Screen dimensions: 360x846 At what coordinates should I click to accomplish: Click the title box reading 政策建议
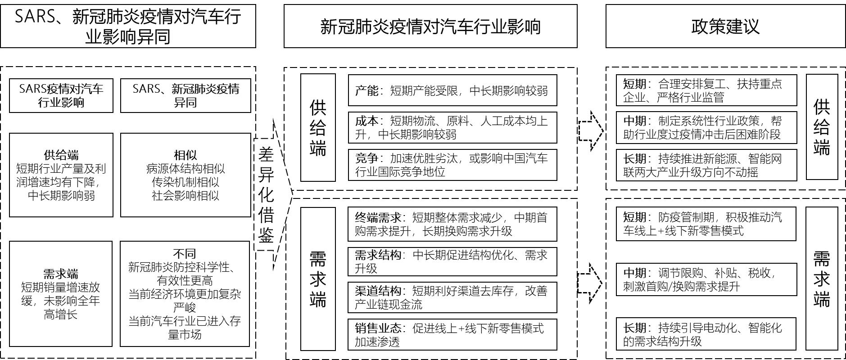[725, 26]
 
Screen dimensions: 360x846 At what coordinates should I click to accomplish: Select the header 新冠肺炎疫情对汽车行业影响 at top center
[430, 26]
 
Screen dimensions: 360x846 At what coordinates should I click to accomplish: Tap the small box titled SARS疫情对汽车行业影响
[61, 95]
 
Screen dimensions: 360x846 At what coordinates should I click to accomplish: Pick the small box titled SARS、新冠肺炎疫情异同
[185, 95]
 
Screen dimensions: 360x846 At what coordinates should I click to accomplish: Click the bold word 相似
[185, 155]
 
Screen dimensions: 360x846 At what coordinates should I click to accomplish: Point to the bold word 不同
[185, 254]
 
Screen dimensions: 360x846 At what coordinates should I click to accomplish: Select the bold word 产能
[366, 91]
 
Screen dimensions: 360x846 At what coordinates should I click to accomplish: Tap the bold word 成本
[366, 121]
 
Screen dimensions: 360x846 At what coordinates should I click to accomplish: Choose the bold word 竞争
[366, 158]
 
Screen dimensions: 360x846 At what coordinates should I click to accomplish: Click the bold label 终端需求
[378, 218]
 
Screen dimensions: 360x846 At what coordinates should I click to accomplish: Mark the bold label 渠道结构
[378, 291]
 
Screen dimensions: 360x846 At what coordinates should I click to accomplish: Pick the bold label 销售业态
[378, 328]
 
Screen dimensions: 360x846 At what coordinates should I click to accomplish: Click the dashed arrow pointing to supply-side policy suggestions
[591, 131]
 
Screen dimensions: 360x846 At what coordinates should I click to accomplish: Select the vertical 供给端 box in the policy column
[821, 127]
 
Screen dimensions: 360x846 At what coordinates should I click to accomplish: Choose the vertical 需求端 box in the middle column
[318, 279]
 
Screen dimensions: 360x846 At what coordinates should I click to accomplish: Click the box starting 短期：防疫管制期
[706, 224]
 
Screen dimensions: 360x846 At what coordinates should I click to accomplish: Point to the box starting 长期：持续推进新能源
[706, 165]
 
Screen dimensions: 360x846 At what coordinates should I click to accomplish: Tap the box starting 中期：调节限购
[706, 279]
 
